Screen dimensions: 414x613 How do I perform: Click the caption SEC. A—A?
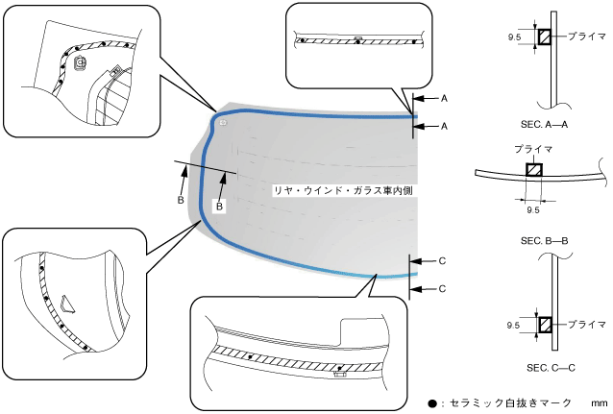pos(551,125)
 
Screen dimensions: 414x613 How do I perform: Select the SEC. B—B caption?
pos(548,239)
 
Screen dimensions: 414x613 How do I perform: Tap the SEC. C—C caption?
pos(551,367)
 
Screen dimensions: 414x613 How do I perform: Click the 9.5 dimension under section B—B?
pos(534,207)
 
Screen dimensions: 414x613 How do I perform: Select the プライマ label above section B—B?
pos(533,150)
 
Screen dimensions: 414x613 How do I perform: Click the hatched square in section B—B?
pos(533,171)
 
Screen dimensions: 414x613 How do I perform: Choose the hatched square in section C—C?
pos(544,325)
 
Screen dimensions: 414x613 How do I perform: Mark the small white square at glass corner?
pos(222,122)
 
